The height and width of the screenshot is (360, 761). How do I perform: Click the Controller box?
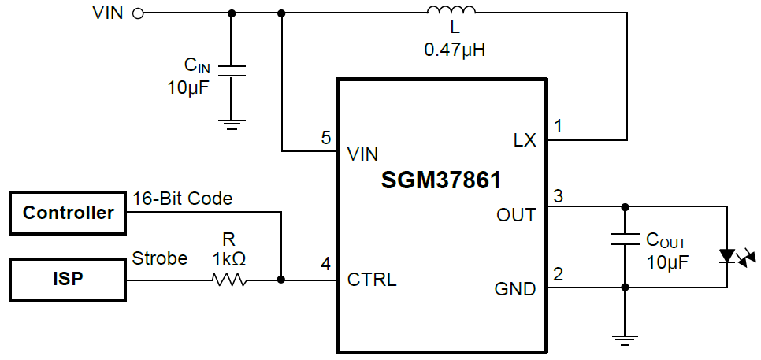click(x=68, y=212)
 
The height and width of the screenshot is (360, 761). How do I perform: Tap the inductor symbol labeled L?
click(x=452, y=11)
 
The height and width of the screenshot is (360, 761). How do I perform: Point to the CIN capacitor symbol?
click(x=232, y=71)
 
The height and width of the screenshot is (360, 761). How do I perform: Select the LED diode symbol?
click(x=726, y=256)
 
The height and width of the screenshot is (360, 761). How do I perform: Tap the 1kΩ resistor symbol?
click(x=229, y=280)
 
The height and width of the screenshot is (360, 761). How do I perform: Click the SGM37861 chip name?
click(x=441, y=180)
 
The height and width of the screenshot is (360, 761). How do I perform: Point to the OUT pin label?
click(x=516, y=213)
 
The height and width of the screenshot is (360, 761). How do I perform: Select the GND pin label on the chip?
click(x=515, y=289)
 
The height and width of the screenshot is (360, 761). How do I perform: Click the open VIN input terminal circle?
click(x=139, y=13)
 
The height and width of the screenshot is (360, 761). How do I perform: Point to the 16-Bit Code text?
click(x=182, y=199)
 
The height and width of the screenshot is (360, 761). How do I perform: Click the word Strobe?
click(x=160, y=258)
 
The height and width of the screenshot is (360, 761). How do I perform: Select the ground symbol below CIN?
click(x=232, y=122)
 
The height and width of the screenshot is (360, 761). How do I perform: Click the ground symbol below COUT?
click(x=625, y=340)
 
